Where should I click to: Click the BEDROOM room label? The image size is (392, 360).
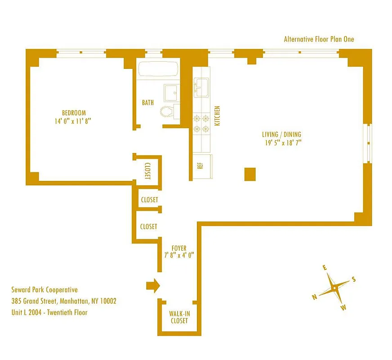click(74, 112)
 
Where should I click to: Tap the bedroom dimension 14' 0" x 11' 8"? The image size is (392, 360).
click(74, 121)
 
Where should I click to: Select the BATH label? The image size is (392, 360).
click(148, 103)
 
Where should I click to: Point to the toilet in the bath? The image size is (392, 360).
click(167, 111)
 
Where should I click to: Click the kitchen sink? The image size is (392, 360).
click(200, 86)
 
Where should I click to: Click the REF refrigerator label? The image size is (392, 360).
click(200, 165)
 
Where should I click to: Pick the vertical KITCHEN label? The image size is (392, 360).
click(217, 116)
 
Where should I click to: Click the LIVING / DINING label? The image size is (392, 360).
click(281, 135)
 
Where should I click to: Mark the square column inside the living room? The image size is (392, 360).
click(250, 174)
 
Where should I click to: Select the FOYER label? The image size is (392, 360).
click(178, 248)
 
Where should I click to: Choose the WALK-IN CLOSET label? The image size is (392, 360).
click(178, 317)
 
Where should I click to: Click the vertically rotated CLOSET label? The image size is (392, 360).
click(147, 171)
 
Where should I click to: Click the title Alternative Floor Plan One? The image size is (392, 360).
click(319, 39)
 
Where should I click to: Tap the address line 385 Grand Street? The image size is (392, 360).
click(64, 301)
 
